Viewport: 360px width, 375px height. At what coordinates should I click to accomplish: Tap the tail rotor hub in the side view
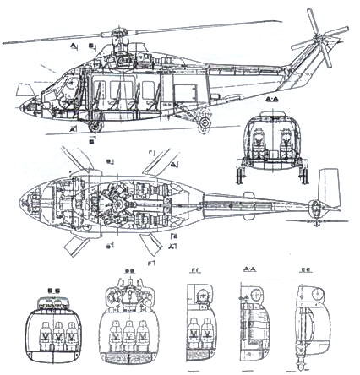pos(321,42)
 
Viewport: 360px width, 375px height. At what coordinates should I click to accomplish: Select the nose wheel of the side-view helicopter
pos(92,128)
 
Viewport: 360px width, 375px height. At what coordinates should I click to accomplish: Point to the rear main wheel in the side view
pos(205,123)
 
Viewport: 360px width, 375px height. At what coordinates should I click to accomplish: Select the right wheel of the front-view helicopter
pos(302,175)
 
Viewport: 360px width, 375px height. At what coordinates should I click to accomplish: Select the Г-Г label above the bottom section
pos(196,272)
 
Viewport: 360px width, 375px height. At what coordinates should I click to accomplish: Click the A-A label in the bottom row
pos(249,272)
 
